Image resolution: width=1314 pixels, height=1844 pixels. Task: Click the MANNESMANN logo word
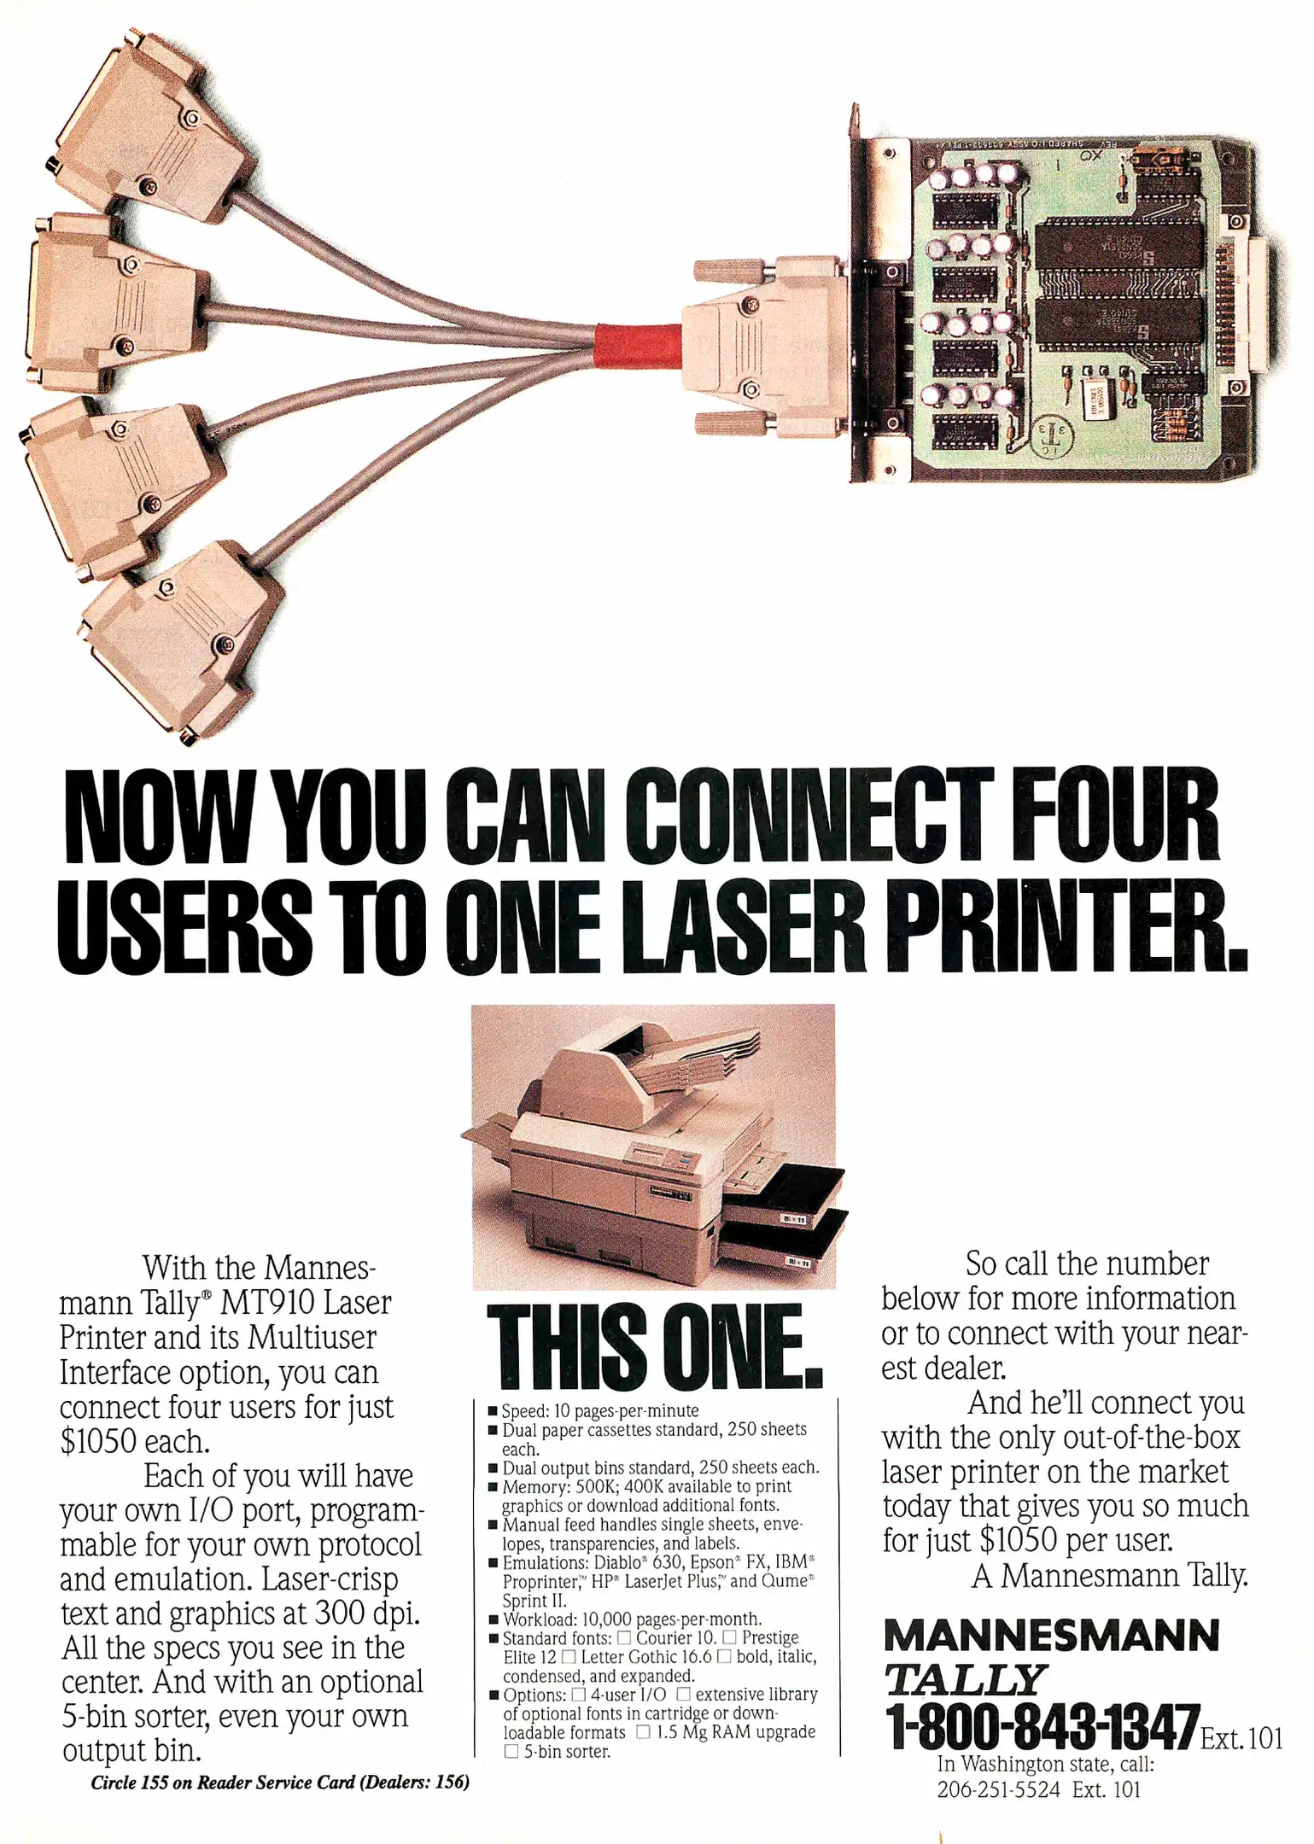(1051, 1636)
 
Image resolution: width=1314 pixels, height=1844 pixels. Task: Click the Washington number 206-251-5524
(998, 1789)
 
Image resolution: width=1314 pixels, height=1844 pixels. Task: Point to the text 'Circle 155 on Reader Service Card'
(223, 1783)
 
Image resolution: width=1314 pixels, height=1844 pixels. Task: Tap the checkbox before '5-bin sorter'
(511, 1751)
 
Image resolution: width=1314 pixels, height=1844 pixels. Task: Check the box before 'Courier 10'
(624, 1637)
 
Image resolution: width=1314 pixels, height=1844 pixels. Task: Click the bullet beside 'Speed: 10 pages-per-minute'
(493, 1411)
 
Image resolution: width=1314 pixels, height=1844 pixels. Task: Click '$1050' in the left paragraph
(97, 1441)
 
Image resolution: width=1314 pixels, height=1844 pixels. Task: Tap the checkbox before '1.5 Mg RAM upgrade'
(643, 1731)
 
